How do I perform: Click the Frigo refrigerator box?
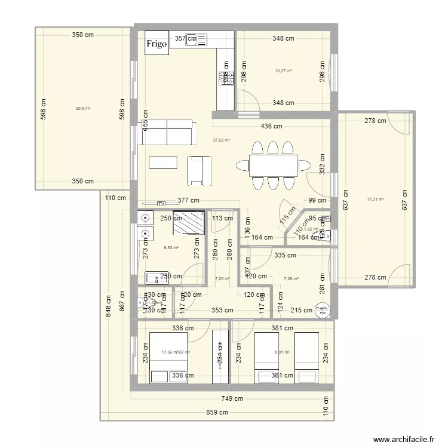(x=158, y=44)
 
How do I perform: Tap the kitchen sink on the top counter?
(x=197, y=39)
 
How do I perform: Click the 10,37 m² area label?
(x=283, y=70)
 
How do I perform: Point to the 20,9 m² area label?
(x=82, y=108)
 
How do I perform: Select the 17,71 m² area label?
(x=376, y=200)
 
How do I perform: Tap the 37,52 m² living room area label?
(x=222, y=140)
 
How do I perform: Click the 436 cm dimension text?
(x=271, y=126)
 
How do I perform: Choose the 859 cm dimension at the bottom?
(x=217, y=412)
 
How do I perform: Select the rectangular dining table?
(x=274, y=164)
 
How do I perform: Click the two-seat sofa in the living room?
(x=167, y=131)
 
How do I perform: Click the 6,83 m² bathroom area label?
(x=171, y=247)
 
